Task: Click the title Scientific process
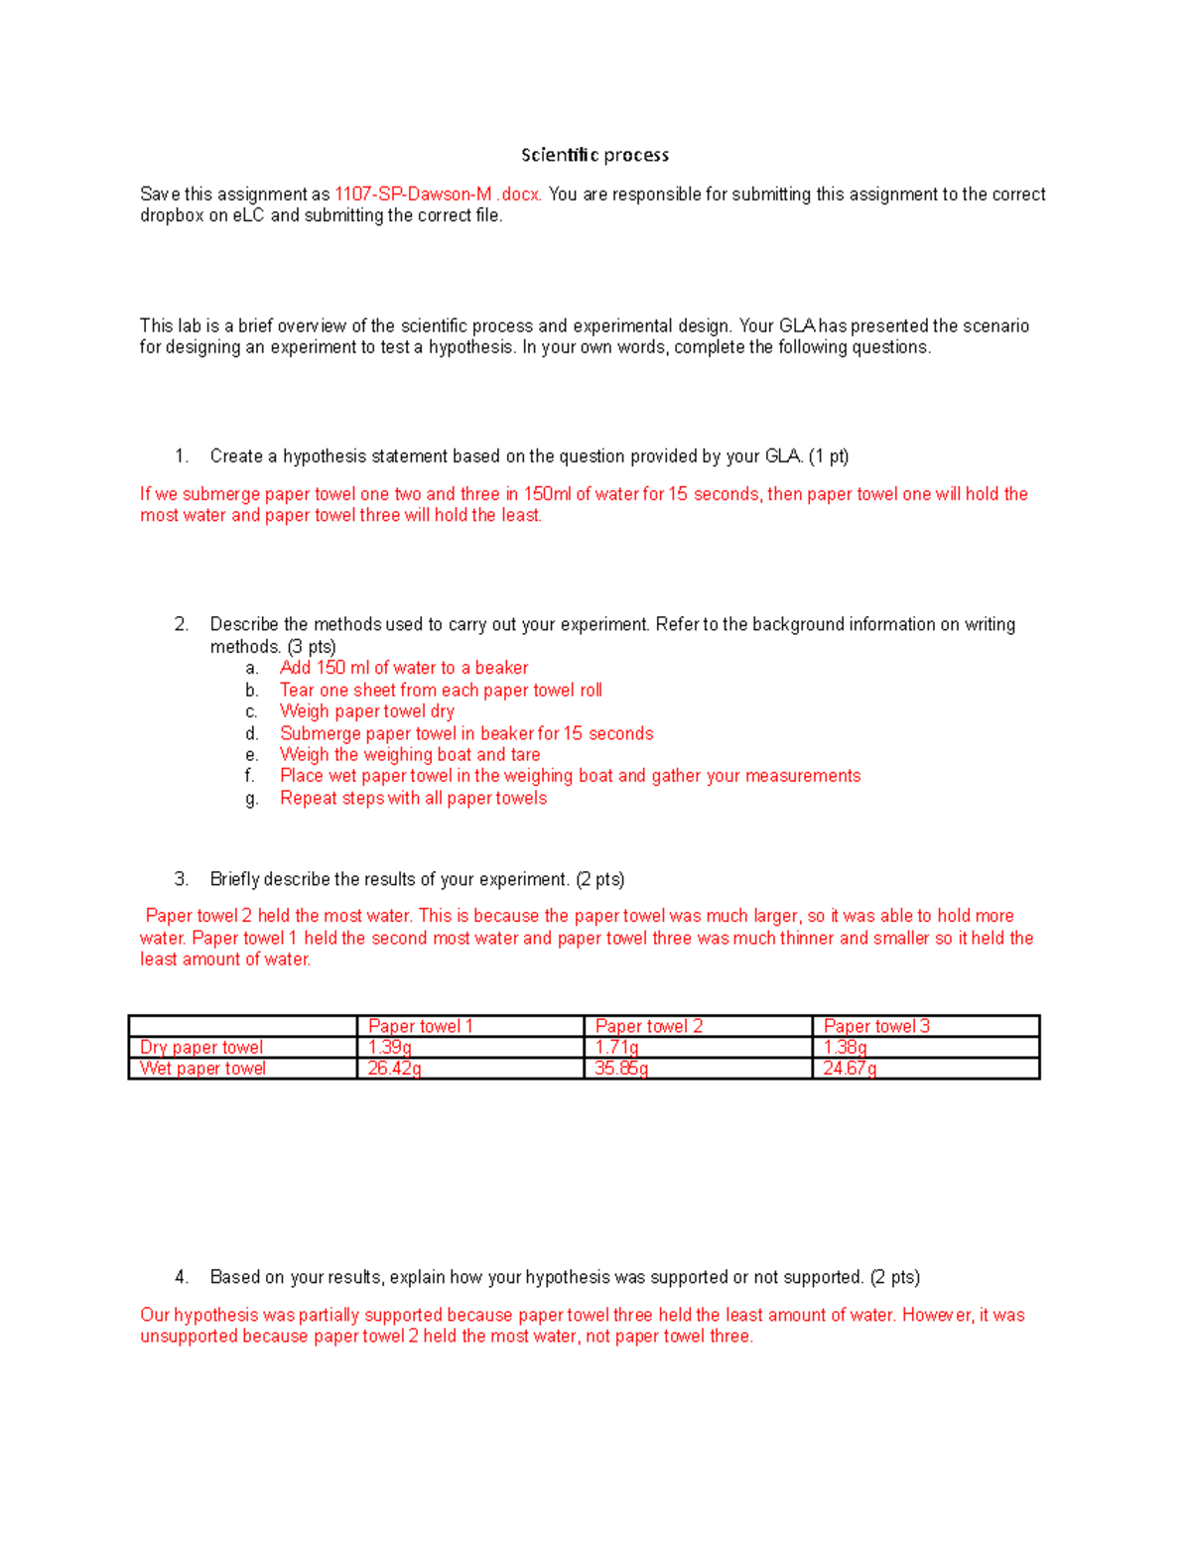pos(595,155)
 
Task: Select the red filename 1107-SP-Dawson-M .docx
pos(438,194)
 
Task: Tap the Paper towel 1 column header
pos(420,1026)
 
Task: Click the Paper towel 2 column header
pos(648,1026)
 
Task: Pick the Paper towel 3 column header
pos(876,1026)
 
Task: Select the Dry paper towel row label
pos(201,1047)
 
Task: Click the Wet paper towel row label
pos(202,1069)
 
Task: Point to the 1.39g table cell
pos(389,1047)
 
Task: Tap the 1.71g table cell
pos(616,1047)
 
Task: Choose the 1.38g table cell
pos(845,1047)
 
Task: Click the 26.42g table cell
pos(394,1069)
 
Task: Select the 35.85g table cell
pos(621,1069)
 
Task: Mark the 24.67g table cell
pos(850,1069)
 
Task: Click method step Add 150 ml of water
pos(403,668)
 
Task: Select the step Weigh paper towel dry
pos(366,711)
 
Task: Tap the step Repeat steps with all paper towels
pos(413,798)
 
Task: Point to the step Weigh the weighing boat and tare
pos(409,755)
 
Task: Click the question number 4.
pos(181,1277)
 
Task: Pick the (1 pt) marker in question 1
pos(829,456)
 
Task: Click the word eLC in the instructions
pos(249,215)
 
